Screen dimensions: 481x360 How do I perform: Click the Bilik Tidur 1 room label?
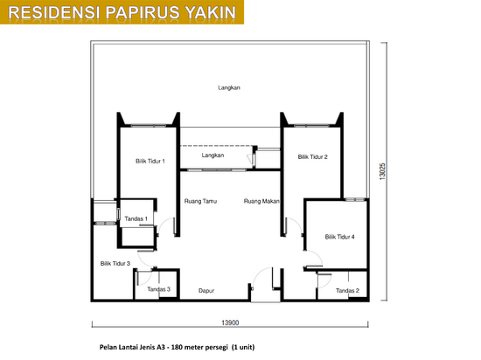(150, 161)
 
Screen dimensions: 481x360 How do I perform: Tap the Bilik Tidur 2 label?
(312, 157)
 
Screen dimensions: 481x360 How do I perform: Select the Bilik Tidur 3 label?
(115, 264)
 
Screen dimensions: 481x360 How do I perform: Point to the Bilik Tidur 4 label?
(340, 237)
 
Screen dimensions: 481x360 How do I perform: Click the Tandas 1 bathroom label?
(136, 218)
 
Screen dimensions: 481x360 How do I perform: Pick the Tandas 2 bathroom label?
(347, 290)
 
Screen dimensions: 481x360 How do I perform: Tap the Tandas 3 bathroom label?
(158, 289)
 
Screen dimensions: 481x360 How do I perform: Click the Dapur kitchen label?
(206, 291)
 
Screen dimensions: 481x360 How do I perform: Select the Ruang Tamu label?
(200, 201)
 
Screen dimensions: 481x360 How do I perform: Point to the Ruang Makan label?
(261, 201)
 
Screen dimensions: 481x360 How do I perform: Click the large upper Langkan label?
(229, 88)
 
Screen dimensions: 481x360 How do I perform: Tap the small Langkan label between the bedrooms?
(213, 156)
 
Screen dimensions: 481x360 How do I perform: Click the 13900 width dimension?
(230, 322)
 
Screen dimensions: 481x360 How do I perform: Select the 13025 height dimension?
(382, 171)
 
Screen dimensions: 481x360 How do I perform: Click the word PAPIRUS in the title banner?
(143, 12)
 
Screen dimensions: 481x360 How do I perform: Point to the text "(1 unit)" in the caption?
(243, 347)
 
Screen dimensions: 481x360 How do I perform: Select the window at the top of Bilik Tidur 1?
(149, 125)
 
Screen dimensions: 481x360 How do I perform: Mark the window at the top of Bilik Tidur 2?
(311, 125)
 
